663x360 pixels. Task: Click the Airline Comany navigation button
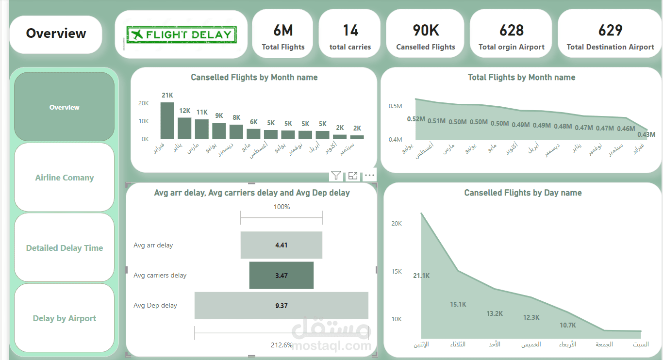65,178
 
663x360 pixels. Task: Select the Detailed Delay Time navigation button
65,248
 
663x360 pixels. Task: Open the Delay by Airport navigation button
65,318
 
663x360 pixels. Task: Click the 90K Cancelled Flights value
426,31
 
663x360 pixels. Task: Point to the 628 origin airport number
512,31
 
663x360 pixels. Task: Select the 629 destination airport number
610,31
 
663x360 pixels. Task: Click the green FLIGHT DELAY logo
181,34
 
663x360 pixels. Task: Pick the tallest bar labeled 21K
167,121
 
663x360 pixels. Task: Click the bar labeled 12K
184,128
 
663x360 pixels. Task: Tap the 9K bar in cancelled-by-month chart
219,131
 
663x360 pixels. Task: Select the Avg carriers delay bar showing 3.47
282,276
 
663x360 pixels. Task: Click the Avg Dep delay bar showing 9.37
282,306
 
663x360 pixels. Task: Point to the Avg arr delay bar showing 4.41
282,245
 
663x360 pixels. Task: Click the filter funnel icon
336,175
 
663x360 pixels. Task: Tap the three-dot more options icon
370,175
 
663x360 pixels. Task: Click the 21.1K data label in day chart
421,276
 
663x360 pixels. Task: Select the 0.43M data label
646,134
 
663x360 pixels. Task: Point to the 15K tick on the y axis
397,271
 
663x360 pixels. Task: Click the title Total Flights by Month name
521,77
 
